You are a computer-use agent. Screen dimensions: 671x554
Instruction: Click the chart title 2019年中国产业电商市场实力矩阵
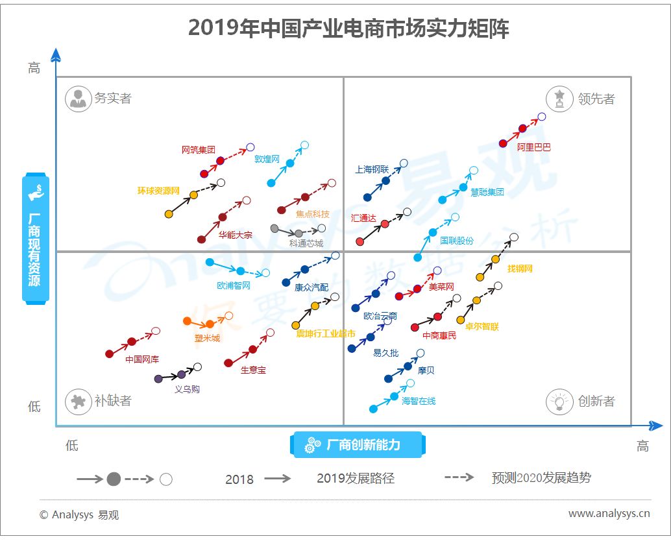pos(348,29)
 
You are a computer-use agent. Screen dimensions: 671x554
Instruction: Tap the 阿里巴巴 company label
pos(533,147)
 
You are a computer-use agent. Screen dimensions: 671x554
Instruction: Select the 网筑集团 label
pos(198,150)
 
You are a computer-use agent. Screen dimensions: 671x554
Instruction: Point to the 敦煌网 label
pos(267,159)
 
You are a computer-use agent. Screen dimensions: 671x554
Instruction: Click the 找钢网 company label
pos(520,269)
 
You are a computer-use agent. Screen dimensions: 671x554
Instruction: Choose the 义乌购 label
pos(187,389)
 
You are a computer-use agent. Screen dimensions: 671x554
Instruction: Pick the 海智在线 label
pos(419,401)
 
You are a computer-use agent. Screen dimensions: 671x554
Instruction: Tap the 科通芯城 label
pos(306,243)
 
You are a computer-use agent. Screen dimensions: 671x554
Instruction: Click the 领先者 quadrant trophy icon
pos(559,99)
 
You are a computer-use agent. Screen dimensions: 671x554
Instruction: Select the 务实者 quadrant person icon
pos(79,99)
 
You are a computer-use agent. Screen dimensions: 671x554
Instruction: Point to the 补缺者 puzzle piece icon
pos(79,402)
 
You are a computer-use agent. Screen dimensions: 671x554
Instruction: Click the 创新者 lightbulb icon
pos(559,402)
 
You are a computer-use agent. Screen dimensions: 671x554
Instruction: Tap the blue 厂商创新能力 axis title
pos(358,445)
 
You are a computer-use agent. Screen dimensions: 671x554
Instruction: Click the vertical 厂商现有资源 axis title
pos(36,239)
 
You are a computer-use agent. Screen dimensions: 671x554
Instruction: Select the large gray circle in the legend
pos(114,479)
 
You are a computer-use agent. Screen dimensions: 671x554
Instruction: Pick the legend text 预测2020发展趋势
pos(541,477)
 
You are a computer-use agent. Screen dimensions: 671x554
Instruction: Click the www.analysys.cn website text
pos(609,513)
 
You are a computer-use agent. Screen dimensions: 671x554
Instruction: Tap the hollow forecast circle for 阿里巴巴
pos(542,116)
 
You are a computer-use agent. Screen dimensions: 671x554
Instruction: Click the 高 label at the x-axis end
pos(642,446)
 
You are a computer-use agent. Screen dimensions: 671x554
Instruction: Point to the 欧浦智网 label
pos(234,285)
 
